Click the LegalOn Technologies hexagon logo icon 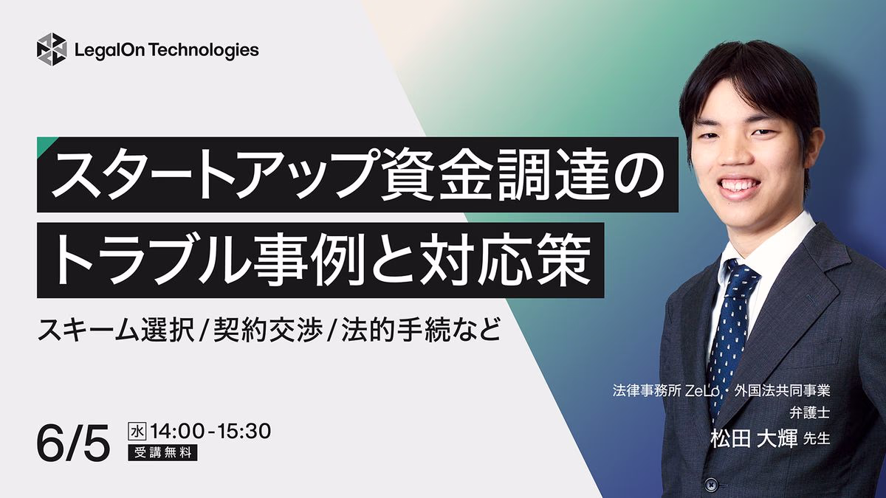coord(52,49)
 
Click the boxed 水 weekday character coord(137,432)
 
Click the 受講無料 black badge coord(162,452)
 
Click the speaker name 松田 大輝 coord(754,439)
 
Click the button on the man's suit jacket coord(711,484)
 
